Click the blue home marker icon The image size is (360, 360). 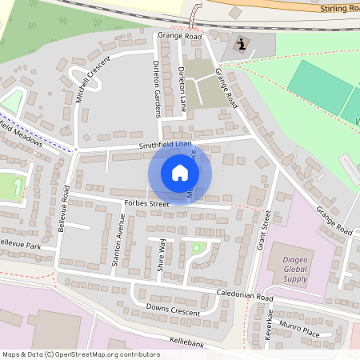[x=180, y=172]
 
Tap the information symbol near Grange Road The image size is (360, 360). [x=242, y=45]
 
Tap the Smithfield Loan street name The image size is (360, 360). [x=165, y=145]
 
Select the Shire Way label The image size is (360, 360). [x=161, y=255]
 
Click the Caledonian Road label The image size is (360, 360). [x=245, y=296]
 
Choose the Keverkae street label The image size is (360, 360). [x=270, y=327]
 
